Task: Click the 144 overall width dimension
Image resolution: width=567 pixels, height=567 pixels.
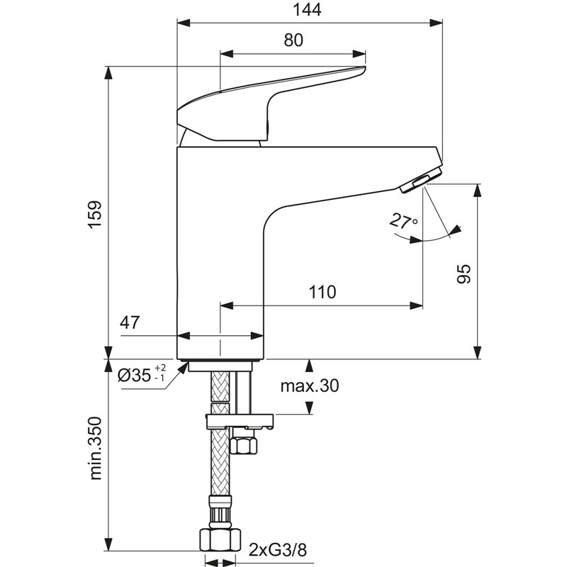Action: click(x=307, y=10)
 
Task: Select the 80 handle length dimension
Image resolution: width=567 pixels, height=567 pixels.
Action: click(x=293, y=40)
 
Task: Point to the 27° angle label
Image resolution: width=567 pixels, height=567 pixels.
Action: click(x=403, y=221)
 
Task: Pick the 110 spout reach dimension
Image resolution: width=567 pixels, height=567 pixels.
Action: click(x=322, y=292)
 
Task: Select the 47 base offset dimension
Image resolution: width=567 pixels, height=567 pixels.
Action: click(x=130, y=323)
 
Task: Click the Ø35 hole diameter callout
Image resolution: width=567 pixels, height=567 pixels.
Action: click(x=134, y=375)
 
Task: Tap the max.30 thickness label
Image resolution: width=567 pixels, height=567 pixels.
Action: click(x=309, y=386)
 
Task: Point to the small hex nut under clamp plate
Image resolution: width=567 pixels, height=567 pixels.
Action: click(x=244, y=444)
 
